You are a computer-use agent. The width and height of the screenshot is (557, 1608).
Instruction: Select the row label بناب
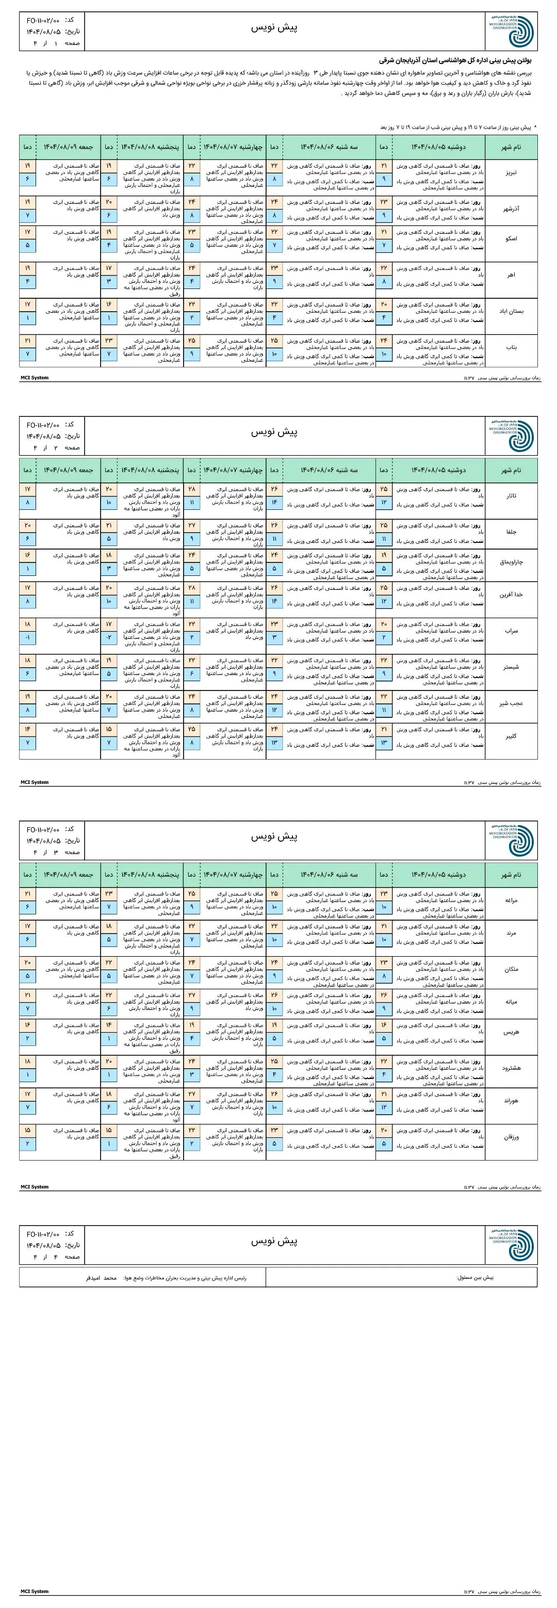pyautogui.click(x=511, y=347)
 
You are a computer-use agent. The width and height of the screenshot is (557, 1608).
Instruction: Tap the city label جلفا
pyautogui.click(x=511, y=532)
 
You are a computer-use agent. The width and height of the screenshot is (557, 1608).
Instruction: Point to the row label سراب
pyautogui.click(x=511, y=631)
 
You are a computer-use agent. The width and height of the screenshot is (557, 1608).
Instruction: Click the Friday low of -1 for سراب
pyautogui.click(x=27, y=637)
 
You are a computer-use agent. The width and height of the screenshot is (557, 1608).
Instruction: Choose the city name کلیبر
pyautogui.click(x=511, y=736)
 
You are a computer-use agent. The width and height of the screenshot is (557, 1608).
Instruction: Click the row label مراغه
pyautogui.click(x=511, y=900)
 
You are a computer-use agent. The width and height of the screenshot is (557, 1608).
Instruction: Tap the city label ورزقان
pyautogui.click(x=511, y=1137)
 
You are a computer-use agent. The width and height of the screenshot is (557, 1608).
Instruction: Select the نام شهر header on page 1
pyautogui.click(x=511, y=147)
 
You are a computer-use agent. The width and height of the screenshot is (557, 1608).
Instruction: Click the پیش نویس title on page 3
pyautogui.click(x=274, y=837)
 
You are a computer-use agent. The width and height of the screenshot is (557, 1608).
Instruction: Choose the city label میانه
pyautogui.click(x=511, y=1002)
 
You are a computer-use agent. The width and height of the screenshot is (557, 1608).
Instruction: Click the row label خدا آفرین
pyautogui.click(x=511, y=594)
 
